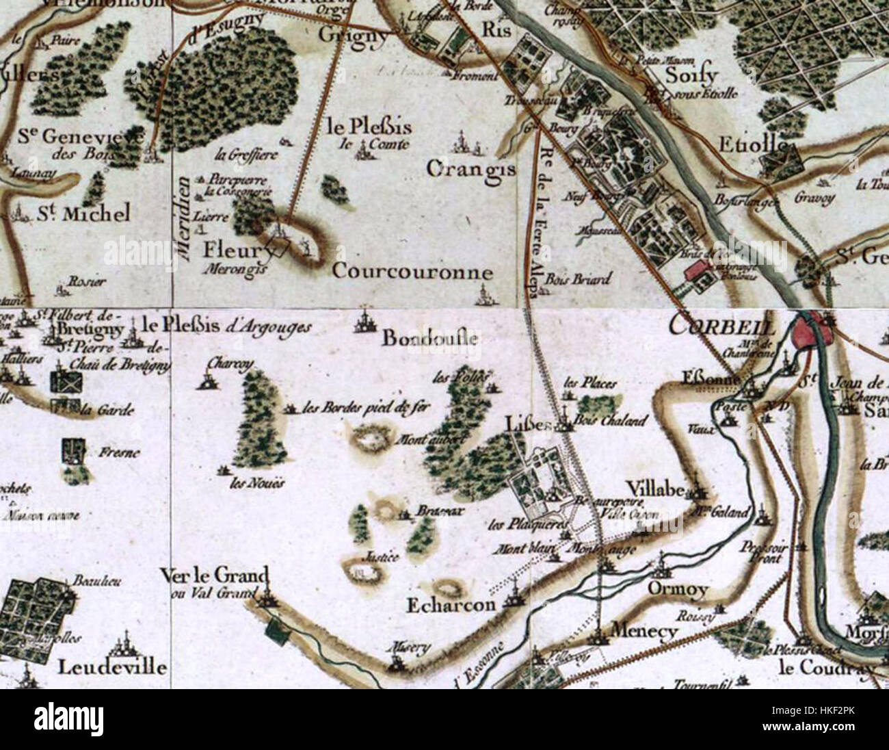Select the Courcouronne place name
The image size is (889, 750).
(412, 272)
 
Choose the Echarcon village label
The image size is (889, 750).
(451, 606)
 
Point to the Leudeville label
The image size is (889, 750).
(112, 667)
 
